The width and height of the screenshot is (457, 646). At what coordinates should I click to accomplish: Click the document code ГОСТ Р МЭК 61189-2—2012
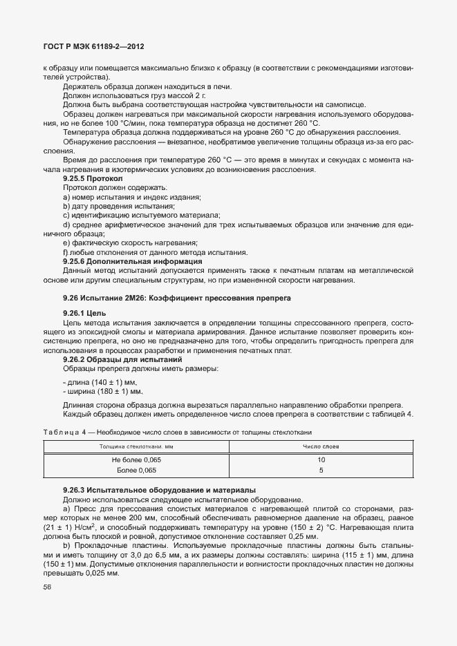[93, 46]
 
